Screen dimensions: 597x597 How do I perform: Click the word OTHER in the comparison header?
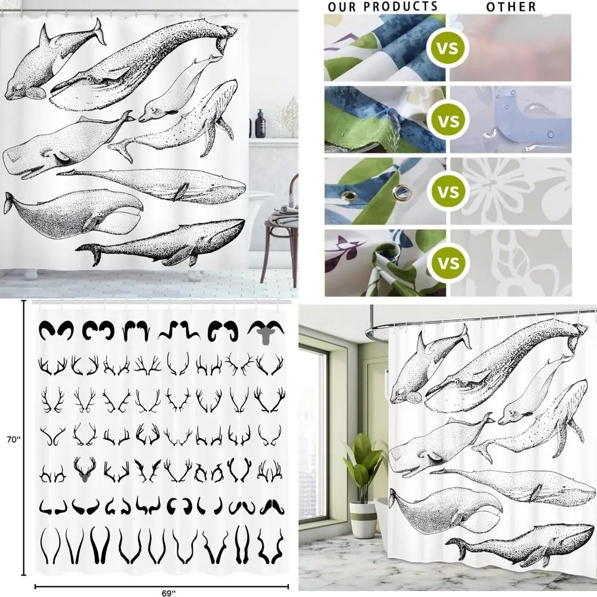point(510,7)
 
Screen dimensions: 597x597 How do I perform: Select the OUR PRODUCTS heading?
point(383,7)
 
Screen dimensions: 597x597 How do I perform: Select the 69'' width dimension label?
point(169,592)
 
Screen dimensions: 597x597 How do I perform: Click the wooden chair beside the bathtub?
point(281,233)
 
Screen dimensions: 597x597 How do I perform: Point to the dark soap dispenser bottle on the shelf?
point(261,123)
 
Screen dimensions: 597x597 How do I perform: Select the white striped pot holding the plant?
point(362,519)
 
